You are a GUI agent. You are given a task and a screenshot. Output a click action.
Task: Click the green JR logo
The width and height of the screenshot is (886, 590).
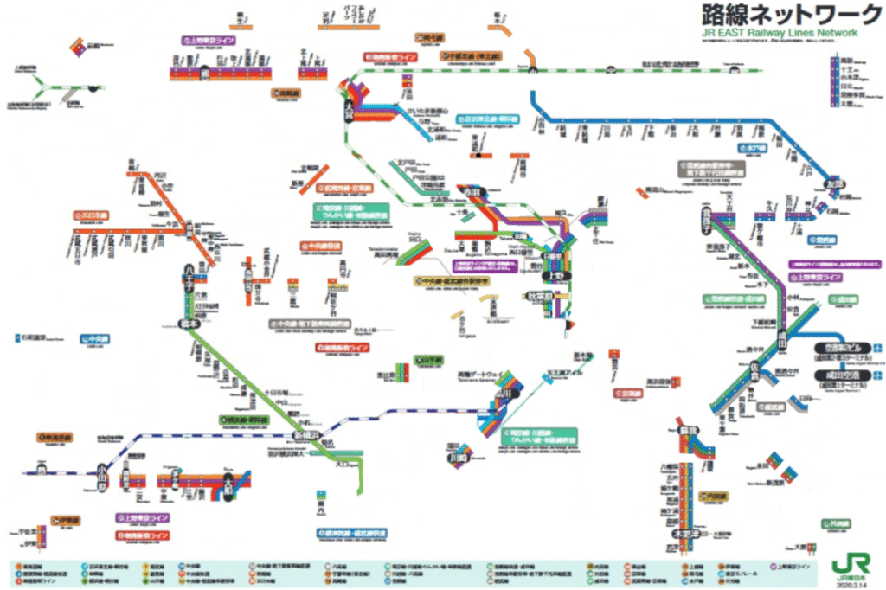pos(846,563)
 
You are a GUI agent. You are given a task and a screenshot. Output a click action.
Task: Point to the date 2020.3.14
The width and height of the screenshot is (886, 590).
pos(846,582)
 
